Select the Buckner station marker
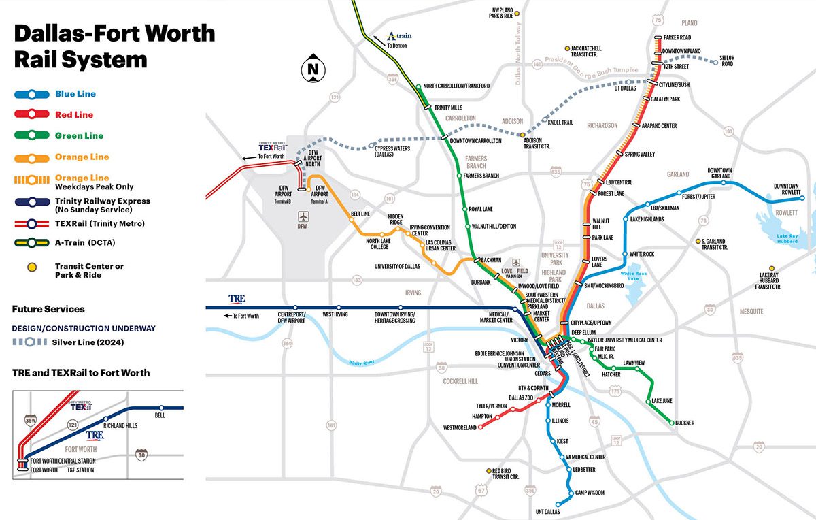pyautogui.click(x=672, y=423)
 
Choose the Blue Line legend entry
pyautogui.click(x=75, y=94)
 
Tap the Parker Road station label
pyautogui.click(x=677, y=37)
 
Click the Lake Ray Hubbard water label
pyautogui.click(x=777, y=238)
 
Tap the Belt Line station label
pyautogui.click(x=360, y=214)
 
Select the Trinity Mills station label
pyautogui.click(x=448, y=108)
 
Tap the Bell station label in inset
pyautogui.click(x=160, y=415)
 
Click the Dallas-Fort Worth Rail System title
pyautogui.click(x=114, y=46)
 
